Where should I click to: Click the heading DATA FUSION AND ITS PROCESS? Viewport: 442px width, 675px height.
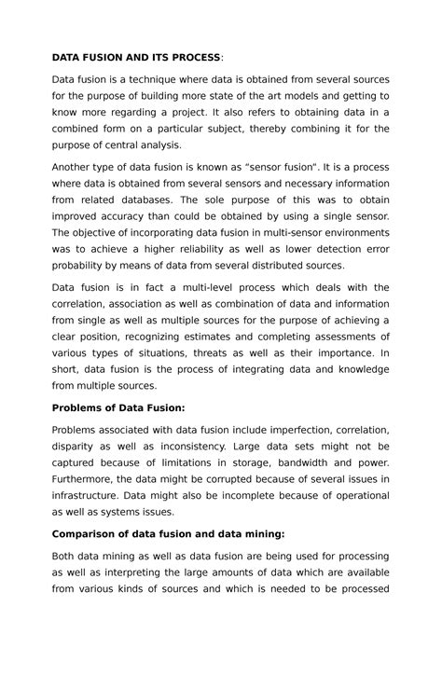pos(136,58)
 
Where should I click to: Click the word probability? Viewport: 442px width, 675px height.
pos(81,267)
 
